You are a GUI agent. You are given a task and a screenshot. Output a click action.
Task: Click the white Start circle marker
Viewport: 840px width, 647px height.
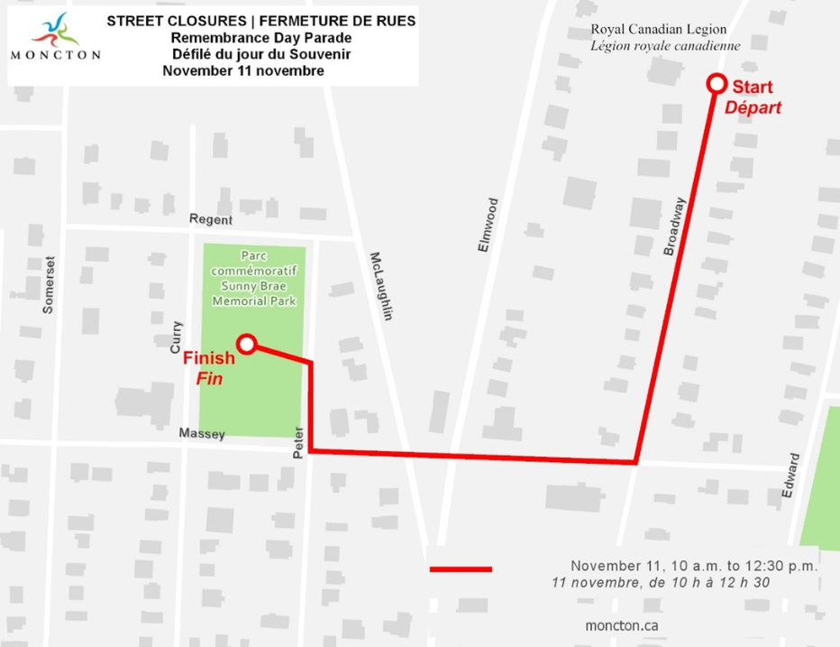tap(717, 83)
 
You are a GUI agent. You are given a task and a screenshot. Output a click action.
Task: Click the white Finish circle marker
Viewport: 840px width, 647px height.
tap(246, 343)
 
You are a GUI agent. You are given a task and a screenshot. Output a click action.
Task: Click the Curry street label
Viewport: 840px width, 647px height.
tap(176, 337)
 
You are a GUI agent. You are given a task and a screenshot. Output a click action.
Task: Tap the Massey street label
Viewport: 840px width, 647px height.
tap(201, 434)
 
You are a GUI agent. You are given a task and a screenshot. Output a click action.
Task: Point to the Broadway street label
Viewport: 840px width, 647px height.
tap(675, 226)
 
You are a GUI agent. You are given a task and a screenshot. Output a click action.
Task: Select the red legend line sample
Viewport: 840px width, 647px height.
tap(461, 568)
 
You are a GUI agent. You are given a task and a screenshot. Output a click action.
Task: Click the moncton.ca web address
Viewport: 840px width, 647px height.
tap(623, 625)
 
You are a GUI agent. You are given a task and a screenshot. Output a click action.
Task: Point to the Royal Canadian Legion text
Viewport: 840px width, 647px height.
tap(658, 30)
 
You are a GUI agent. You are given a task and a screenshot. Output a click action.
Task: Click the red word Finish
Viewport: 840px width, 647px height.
tap(209, 357)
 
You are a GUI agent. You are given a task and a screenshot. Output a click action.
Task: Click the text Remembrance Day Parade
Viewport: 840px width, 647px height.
tap(260, 38)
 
